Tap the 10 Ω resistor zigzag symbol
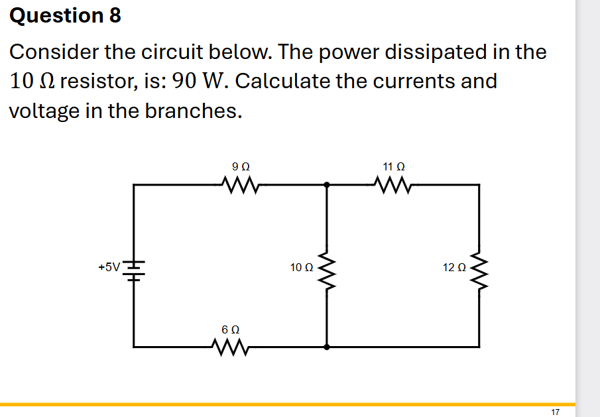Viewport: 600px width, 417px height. pos(326,268)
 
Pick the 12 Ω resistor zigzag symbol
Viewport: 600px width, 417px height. pos(479,268)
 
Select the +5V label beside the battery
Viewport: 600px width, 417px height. pos(109,267)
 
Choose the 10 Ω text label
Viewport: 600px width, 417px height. pos(302,268)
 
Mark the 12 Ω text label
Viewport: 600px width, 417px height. pos(454,268)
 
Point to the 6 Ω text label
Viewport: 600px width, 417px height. pos(230,329)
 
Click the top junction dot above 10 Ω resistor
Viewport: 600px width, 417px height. pos(326,186)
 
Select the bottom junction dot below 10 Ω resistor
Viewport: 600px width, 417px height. pos(326,346)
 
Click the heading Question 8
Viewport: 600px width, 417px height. pos(66,15)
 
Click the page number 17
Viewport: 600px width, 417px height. pos(556,412)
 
